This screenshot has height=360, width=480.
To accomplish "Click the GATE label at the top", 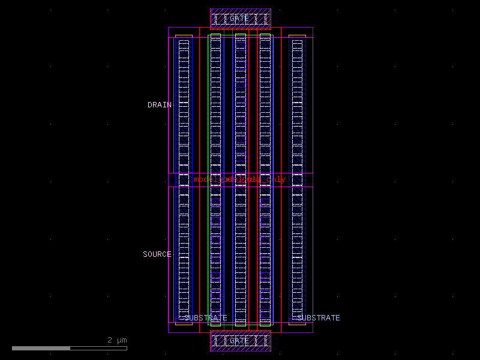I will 239,19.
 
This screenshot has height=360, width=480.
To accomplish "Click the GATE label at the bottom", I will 239,341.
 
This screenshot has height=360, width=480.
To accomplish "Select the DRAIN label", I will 160,105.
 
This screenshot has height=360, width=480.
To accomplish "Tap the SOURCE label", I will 157,254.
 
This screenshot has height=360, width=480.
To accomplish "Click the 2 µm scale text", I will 117,340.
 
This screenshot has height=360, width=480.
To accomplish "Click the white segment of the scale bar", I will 41,348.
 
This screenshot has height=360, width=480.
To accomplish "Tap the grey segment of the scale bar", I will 98,348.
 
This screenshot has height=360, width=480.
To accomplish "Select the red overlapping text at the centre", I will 239,179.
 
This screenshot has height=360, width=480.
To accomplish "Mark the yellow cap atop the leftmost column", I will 184,36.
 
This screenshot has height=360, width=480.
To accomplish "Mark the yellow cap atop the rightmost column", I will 297,36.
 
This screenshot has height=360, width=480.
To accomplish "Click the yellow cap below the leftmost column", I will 184,323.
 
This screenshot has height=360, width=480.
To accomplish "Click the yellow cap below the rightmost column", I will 297,323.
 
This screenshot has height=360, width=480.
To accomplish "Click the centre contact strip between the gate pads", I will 241,180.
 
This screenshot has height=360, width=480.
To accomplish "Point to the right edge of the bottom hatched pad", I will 271,341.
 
